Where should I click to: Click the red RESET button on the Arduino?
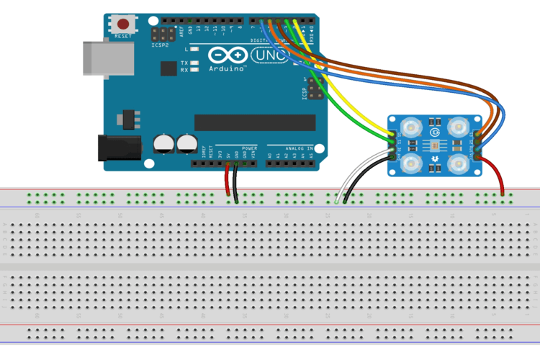tap(123, 24)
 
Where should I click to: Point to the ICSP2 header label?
tap(161, 45)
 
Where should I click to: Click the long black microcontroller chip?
tap(255, 123)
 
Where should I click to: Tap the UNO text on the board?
tap(268, 55)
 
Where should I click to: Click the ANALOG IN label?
tap(297, 148)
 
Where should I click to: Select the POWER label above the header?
tap(249, 148)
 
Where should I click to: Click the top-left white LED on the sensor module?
tap(411, 129)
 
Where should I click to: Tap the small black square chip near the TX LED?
tap(169, 68)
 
